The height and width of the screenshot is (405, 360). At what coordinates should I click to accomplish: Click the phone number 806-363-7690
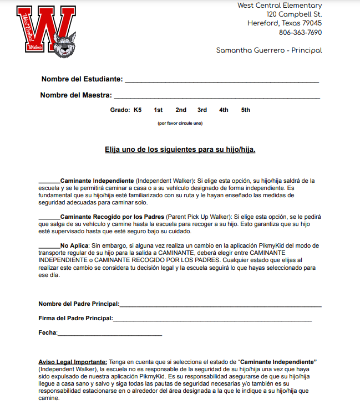coord(300,32)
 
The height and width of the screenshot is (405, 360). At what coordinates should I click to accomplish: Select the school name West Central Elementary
coord(280,6)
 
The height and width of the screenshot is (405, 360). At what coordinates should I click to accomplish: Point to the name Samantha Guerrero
coord(253,50)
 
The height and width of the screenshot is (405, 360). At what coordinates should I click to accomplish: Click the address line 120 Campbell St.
coord(294,14)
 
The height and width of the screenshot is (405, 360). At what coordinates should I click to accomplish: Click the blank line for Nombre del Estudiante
coord(222,81)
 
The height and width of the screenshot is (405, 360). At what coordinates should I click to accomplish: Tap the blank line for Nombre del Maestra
coord(217,96)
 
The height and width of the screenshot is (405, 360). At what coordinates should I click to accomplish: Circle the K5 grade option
coord(138,110)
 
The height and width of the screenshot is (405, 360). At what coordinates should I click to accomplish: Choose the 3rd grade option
coord(202,110)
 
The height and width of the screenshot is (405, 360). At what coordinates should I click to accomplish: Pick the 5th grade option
coord(245,110)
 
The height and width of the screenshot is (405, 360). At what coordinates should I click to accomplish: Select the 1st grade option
coord(158,110)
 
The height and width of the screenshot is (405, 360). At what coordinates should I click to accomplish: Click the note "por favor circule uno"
coord(180,123)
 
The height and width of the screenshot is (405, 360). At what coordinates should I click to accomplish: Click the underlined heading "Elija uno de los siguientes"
coord(180,150)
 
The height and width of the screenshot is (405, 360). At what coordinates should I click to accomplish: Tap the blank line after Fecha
coord(109,334)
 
